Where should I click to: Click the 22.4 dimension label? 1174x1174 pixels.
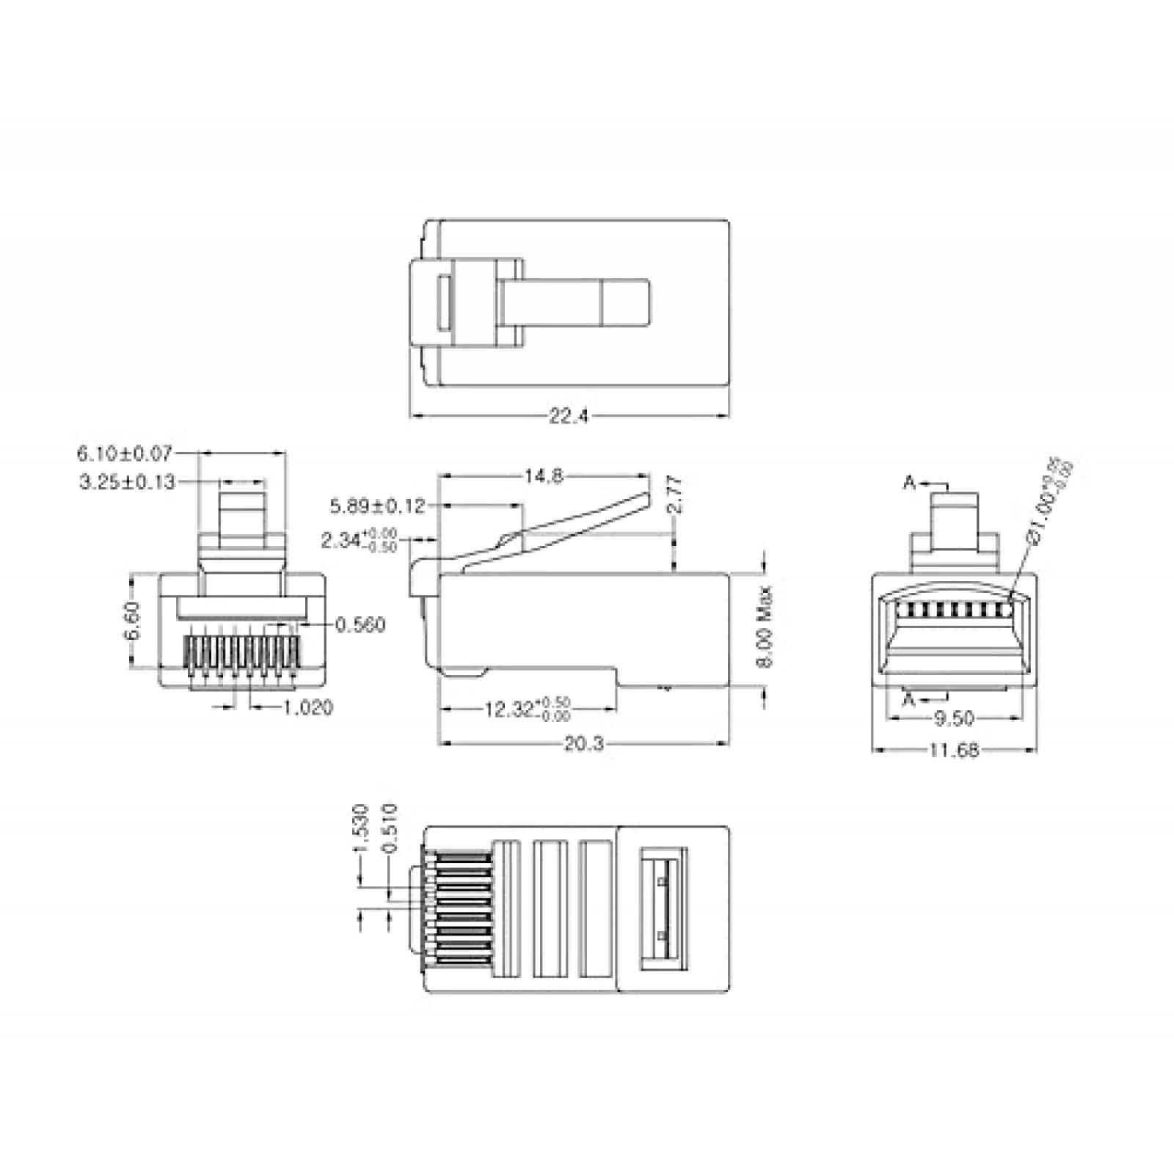point(569,417)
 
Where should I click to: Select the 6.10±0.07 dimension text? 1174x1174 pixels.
point(124,453)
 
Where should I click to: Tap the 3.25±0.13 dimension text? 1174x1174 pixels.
point(127,482)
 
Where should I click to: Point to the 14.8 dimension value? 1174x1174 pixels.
point(543,476)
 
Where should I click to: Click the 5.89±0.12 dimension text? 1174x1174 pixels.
point(377,506)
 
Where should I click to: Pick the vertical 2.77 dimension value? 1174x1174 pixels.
point(677,494)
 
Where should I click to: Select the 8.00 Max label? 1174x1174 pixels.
point(765,626)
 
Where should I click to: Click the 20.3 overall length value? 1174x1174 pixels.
point(583,744)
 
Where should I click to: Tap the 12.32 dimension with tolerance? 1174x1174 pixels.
point(527,710)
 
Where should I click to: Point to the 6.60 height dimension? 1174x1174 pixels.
point(133,621)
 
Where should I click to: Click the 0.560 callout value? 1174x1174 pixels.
point(360,625)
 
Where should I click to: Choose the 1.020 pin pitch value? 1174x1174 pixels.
point(307,707)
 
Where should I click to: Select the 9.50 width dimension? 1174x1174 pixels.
point(954,718)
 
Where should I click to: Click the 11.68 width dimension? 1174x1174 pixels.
point(954,751)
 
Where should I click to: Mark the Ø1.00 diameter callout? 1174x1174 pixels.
point(1049,503)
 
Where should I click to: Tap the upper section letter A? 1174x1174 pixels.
point(909,483)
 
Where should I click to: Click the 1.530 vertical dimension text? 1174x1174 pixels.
point(360,828)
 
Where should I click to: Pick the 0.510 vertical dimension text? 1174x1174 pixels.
point(390,828)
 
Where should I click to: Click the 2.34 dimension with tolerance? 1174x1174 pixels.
point(360,542)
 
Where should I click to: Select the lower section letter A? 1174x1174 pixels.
point(909,699)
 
